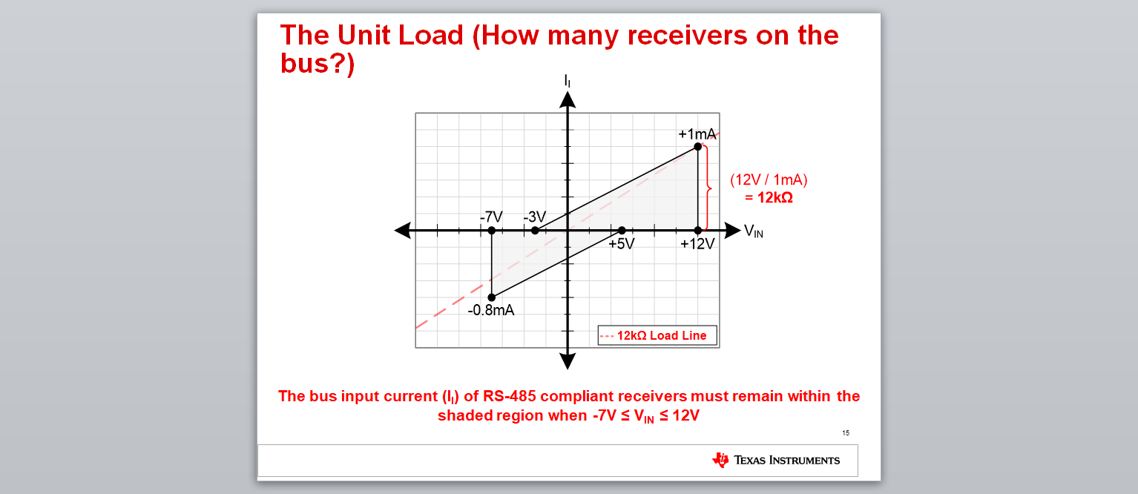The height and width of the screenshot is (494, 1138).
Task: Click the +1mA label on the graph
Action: [x=697, y=134]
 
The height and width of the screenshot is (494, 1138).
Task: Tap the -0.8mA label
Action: [x=491, y=310]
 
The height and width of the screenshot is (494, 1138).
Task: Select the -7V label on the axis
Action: [x=491, y=217]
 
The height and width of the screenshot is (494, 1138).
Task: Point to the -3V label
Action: [x=534, y=217]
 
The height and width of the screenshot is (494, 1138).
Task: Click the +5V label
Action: [x=622, y=244]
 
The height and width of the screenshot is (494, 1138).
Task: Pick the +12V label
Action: [x=697, y=244]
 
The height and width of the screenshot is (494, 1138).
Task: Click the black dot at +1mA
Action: [x=698, y=147]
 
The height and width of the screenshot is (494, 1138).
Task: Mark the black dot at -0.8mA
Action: [x=491, y=297]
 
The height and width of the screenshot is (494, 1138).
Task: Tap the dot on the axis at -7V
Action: [x=491, y=231]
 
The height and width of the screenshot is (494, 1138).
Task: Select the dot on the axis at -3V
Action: [x=535, y=231]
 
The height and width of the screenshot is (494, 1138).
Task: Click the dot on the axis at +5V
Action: [x=622, y=231]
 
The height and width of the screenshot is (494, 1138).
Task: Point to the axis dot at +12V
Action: [x=698, y=231]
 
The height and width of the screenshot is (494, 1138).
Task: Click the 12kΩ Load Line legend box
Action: [x=657, y=335]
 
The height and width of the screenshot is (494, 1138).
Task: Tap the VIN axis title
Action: [x=754, y=231]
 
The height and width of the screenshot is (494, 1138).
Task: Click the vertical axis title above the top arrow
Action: [x=567, y=81]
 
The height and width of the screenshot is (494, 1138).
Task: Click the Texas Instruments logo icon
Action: [x=720, y=460]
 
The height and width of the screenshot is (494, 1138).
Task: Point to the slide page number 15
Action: [x=846, y=433]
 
